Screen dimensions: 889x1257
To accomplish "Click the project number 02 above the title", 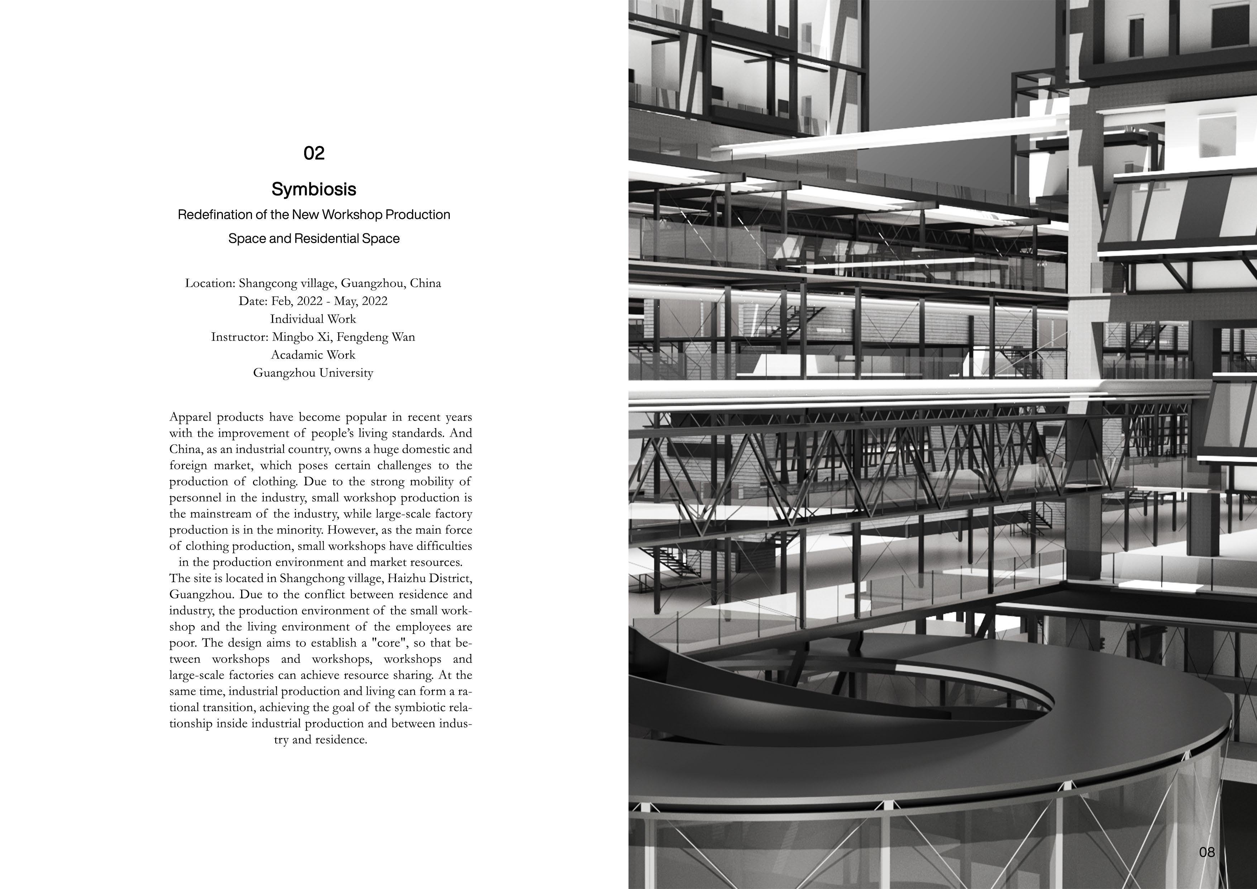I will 314,153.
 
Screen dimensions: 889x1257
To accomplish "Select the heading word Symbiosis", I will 314,190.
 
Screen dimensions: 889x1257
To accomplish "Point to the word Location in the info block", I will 210,283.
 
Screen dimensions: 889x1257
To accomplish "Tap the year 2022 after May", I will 374,301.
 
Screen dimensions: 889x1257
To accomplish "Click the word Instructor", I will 239,337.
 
